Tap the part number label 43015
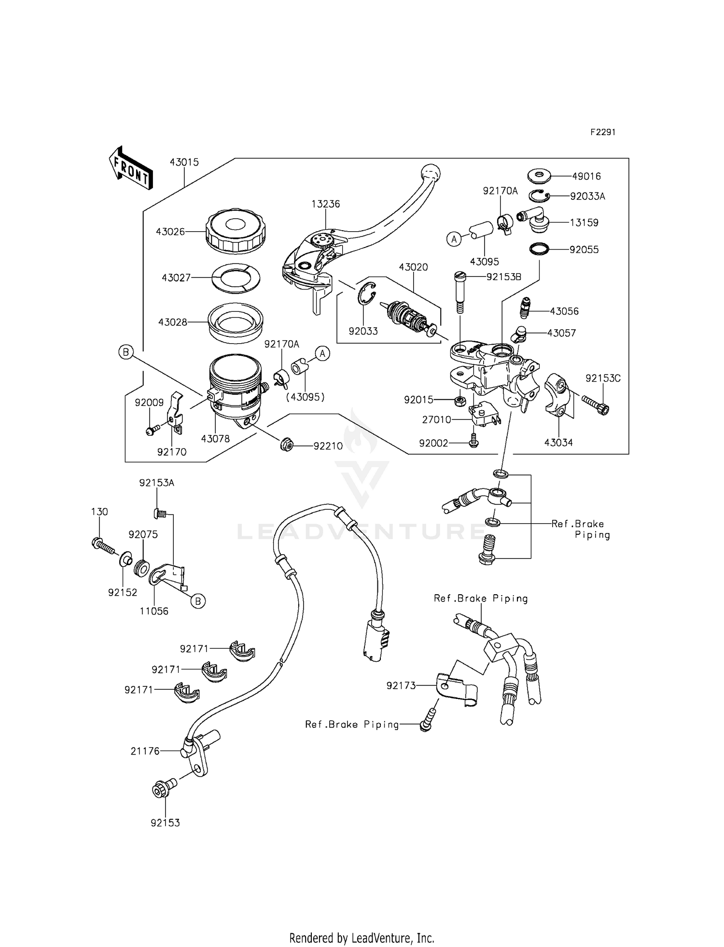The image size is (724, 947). coord(184,163)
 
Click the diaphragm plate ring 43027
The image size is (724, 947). coord(236,278)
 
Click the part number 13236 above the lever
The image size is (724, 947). coord(325,204)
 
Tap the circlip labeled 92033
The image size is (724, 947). coord(367,293)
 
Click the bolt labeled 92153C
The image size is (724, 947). coord(596,404)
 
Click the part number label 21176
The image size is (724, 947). coord(145,751)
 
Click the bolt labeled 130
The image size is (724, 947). coord(103,546)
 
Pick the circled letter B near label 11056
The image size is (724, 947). coord(198,601)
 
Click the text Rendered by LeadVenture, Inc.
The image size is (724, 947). coord(362,924)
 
